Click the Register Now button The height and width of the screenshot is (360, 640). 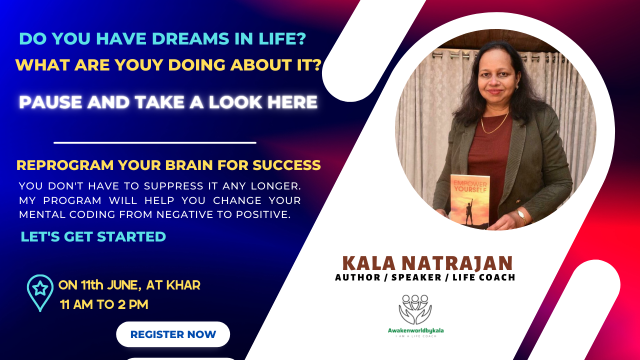point(173,334)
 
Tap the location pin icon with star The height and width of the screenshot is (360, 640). point(40,292)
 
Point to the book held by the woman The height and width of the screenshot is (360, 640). point(469,201)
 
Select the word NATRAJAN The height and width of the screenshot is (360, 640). point(457,263)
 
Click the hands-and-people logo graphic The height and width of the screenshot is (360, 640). point(415,309)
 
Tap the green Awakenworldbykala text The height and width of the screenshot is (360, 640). point(415,330)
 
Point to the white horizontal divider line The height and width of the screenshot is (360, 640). point(155,142)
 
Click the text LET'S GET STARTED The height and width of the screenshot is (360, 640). point(93,236)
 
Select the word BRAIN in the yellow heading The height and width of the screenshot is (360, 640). point(189,165)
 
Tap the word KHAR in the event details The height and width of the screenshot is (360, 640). point(183,285)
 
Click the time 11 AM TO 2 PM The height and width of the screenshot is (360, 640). point(104,304)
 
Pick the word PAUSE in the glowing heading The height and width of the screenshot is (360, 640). point(50,102)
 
